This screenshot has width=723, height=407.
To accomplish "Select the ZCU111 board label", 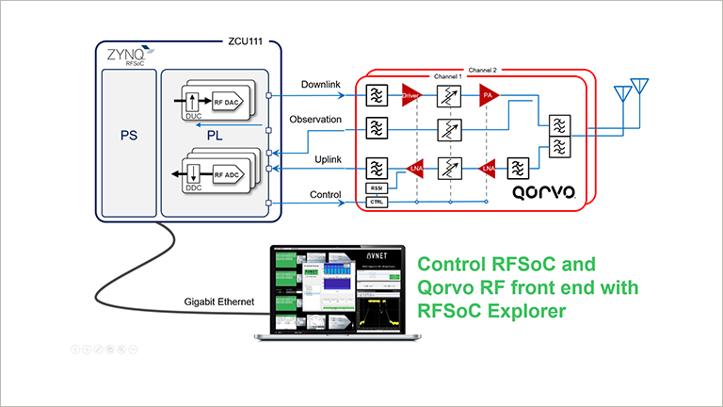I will (239, 43).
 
